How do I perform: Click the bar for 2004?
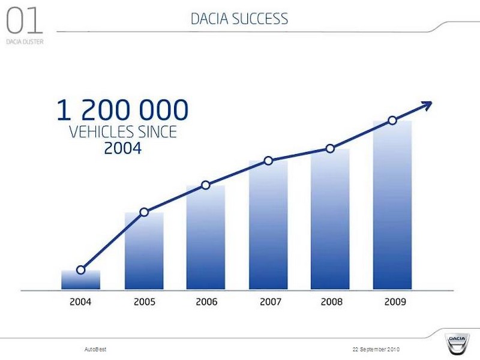click(x=80, y=280)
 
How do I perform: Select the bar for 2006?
click(x=206, y=237)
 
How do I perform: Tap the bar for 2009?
click(x=392, y=205)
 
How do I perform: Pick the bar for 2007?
click(x=268, y=225)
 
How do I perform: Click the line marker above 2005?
click(x=144, y=212)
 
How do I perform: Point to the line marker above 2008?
click(x=330, y=149)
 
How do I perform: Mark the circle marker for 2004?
click(x=80, y=270)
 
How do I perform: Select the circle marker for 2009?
click(x=392, y=121)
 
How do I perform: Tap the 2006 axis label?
click(x=206, y=302)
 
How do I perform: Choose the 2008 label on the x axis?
click(x=332, y=302)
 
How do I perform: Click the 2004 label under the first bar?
click(x=80, y=302)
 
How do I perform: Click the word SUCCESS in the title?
click(x=260, y=19)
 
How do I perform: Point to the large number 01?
click(x=24, y=21)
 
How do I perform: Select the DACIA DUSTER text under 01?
click(x=25, y=41)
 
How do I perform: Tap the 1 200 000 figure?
click(x=122, y=110)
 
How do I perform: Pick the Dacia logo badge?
click(x=457, y=343)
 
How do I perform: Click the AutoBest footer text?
click(x=95, y=349)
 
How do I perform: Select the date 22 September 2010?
click(x=376, y=349)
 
